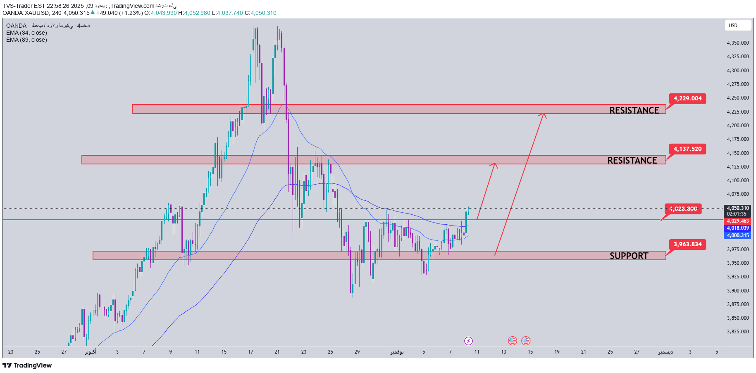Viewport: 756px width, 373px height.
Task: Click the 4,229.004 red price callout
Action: click(x=687, y=99)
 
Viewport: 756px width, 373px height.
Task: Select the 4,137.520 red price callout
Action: click(x=687, y=149)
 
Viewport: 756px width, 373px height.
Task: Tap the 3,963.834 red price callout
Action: click(x=687, y=245)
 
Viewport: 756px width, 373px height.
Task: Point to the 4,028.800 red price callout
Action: click(x=683, y=209)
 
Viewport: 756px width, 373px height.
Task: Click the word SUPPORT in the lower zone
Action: click(x=629, y=256)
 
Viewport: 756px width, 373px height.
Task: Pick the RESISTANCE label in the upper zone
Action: click(x=634, y=110)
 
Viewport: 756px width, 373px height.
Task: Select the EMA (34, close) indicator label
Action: click(x=26, y=33)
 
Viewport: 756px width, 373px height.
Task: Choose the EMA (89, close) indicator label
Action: click(x=26, y=40)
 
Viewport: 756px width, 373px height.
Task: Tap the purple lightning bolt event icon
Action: click(x=468, y=341)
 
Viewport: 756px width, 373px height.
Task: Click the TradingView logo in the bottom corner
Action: click(x=27, y=365)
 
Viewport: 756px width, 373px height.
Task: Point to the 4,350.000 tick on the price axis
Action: click(x=738, y=43)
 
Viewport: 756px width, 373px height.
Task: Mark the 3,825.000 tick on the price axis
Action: click(x=738, y=332)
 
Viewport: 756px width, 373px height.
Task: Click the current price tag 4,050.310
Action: click(x=738, y=208)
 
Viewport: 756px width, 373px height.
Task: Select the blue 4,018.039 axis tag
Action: click(x=738, y=228)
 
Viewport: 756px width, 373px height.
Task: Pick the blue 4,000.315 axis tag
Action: click(x=738, y=235)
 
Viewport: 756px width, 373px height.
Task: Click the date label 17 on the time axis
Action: click(x=250, y=352)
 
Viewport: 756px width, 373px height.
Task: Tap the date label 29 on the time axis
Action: click(x=357, y=352)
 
